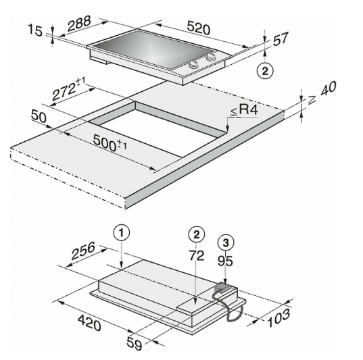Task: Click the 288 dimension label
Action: pyautogui.click(x=79, y=24)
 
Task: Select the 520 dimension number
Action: pyautogui.click(x=199, y=28)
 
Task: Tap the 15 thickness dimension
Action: pyautogui.click(x=35, y=30)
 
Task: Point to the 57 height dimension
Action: pyautogui.click(x=281, y=38)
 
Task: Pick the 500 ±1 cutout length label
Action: pyautogui.click(x=110, y=143)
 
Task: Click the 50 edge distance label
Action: pyautogui.click(x=39, y=116)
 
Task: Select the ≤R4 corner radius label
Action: pyautogui.click(x=244, y=109)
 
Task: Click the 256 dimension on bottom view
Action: pyautogui.click(x=83, y=251)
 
